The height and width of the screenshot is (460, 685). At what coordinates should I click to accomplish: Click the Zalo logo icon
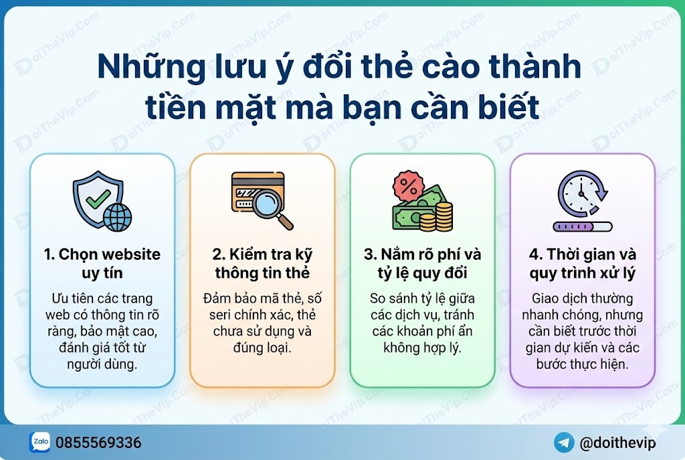pos(40,442)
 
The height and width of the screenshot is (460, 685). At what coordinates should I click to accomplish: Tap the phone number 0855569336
pos(98,443)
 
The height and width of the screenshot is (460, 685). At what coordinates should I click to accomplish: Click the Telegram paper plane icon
pos(564,443)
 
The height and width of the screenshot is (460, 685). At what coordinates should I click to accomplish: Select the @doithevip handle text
pos(617,443)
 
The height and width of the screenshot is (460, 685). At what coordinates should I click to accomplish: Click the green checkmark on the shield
pos(98,199)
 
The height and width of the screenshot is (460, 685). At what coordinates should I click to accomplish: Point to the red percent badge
pos(409,187)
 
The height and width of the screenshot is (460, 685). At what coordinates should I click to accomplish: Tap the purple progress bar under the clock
pos(583,226)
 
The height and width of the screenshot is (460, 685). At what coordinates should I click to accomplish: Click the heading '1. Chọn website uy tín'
pos(102,263)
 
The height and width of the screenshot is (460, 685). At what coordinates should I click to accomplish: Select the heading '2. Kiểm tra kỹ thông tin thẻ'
pos(262,263)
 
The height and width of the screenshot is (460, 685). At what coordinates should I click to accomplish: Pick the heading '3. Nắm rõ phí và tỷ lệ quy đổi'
pos(423,263)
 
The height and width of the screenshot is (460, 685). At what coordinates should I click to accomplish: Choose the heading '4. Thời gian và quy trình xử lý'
pos(583,263)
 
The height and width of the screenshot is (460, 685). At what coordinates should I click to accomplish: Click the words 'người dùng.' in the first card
pos(102,364)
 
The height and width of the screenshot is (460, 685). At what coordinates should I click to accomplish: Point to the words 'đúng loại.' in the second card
pos(262,348)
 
